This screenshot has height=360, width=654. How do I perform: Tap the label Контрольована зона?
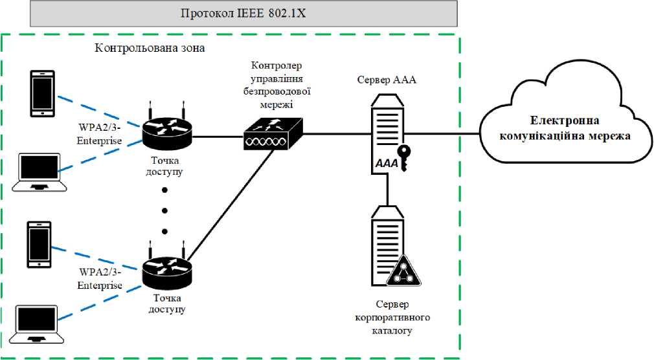click(x=150, y=48)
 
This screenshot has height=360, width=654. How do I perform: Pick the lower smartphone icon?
click(x=39, y=244)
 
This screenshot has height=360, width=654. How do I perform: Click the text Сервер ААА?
click(x=387, y=81)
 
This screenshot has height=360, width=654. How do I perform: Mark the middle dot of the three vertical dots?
click(x=164, y=210)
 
